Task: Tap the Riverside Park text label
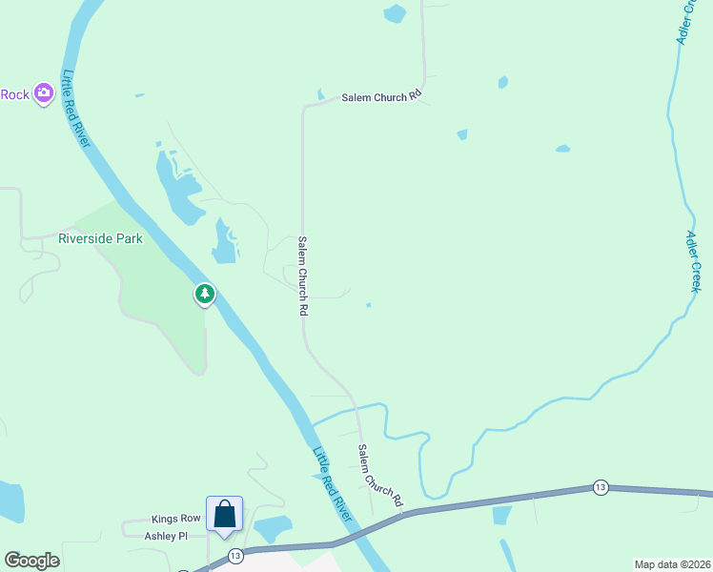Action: point(100,238)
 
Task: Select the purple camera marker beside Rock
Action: point(43,93)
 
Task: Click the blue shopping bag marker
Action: point(224,514)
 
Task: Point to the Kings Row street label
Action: point(176,520)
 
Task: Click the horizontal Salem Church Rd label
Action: point(381,97)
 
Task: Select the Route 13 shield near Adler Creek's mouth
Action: point(600,487)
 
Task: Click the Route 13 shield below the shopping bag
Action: point(235,555)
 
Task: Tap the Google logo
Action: point(31,561)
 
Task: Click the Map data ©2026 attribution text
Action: point(672,564)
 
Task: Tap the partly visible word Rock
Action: point(14,94)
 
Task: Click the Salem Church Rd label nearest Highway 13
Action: point(380,475)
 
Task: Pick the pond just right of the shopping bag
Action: point(272,527)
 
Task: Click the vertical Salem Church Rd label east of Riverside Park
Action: point(303,276)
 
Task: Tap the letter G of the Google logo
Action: point(12,561)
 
